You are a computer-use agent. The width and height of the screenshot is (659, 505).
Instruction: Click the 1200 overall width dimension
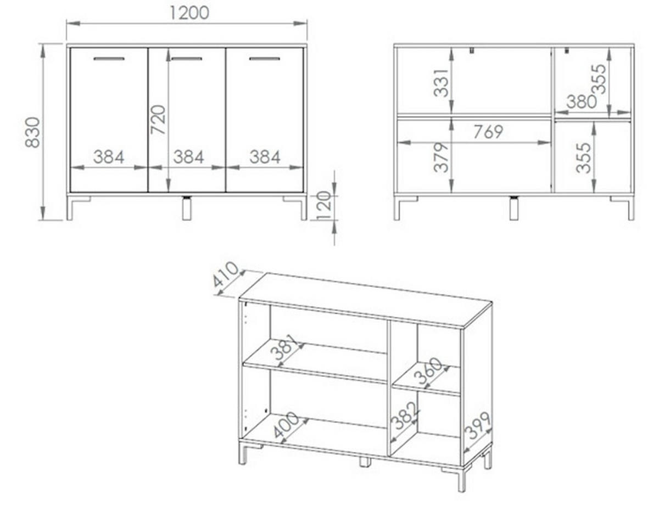pyautogui.click(x=189, y=13)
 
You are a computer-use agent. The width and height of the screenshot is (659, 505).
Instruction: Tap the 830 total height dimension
pyautogui.click(x=32, y=132)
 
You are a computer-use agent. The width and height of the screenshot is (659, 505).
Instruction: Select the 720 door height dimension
pyautogui.click(x=158, y=120)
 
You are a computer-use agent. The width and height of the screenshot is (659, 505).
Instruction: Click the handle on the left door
pyautogui.click(x=109, y=59)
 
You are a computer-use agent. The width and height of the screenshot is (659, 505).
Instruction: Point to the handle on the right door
pyautogui.click(x=265, y=59)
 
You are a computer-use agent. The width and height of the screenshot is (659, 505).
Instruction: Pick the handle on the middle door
pyautogui.click(x=187, y=59)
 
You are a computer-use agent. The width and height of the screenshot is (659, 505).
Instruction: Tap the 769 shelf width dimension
pyautogui.click(x=488, y=132)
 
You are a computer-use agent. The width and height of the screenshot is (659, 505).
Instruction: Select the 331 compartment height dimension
pyautogui.click(x=441, y=83)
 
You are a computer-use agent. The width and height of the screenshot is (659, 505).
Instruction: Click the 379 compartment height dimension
pyautogui.click(x=441, y=158)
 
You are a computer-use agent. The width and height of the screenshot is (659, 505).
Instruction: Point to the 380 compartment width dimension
pyautogui.click(x=582, y=102)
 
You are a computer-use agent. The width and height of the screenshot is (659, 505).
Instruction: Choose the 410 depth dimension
pyautogui.click(x=225, y=274)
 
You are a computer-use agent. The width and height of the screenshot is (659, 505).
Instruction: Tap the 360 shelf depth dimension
pyautogui.click(x=428, y=371)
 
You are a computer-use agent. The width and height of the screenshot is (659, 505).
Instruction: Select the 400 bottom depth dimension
pyautogui.click(x=286, y=425)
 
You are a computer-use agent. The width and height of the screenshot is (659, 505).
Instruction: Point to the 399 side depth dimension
pyautogui.click(x=478, y=425)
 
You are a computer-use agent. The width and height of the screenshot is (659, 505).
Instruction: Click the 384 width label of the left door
pyautogui.click(x=109, y=157)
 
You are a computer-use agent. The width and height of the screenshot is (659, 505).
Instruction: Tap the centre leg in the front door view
pyautogui.click(x=187, y=208)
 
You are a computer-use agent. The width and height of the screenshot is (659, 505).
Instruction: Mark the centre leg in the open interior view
pyautogui.click(x=513, y=208)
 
